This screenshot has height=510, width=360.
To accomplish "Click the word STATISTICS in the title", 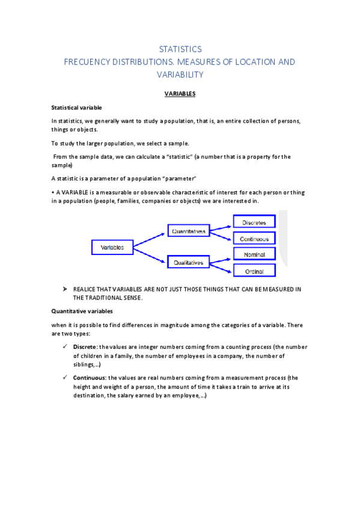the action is tap(180, 49).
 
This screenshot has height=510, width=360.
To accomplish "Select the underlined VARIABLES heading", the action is tap(180, 94).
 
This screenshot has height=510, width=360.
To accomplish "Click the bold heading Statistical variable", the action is tap(76, 108).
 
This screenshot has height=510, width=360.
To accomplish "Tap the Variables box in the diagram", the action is tap(112, 247).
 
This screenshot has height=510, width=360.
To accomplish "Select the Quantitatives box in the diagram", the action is tap(189, 231).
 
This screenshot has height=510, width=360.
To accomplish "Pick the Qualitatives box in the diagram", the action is tap(189, 263).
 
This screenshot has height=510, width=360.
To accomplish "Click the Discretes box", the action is tap(254, 223).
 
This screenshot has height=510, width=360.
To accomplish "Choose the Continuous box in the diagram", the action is tap(254, 239).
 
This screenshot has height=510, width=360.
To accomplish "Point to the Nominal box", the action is tap(254, 255).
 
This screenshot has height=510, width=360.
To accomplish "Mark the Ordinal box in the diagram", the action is tap(254, 271).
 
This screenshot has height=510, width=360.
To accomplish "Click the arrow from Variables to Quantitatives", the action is tap(150, 239).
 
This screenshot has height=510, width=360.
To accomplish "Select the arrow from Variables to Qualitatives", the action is tap(150, 255).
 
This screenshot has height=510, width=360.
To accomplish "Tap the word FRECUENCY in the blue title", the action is tap(96, 62).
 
